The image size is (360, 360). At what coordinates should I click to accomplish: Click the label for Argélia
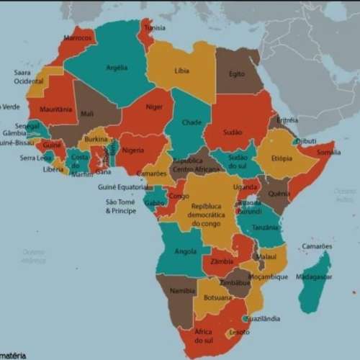(117, 68)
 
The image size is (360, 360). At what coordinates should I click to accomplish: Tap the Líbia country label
(182, 71)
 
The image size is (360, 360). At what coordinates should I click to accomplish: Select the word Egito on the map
(237, 73)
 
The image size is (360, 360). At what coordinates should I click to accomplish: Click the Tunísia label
(155, 28)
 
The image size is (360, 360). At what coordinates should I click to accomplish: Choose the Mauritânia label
(56, 109)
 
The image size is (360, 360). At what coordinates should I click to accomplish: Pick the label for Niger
(154, 107)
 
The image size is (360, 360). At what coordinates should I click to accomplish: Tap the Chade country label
(192, 122)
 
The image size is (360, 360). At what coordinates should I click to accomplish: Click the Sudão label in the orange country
(233, 132)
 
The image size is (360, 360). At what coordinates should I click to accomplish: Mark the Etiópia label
(282, 158)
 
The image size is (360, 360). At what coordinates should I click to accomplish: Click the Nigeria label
(133, 150)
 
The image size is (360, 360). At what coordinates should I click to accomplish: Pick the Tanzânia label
(266, 227)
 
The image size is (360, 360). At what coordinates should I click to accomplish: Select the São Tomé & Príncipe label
(120, 206)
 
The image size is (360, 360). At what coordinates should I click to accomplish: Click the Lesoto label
(239, 332)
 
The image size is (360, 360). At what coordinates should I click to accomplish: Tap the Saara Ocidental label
(29, 77)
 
